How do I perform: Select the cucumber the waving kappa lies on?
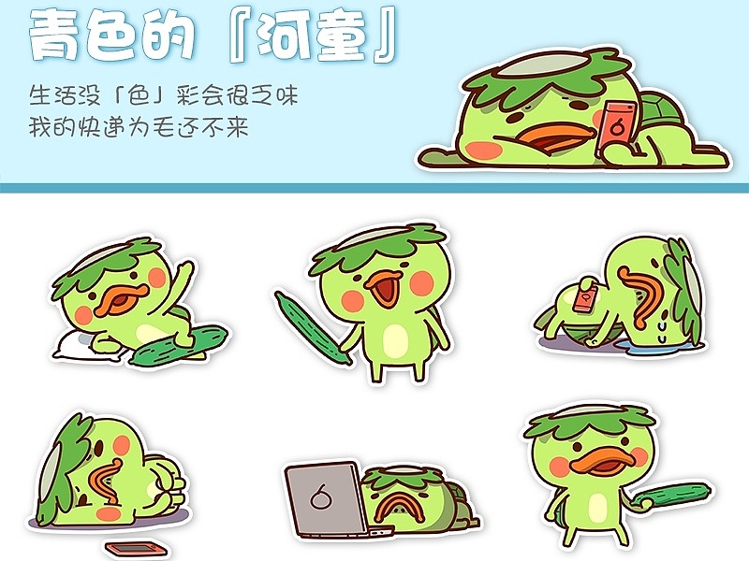[180, 345]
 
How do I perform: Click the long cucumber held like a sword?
[313, 327]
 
